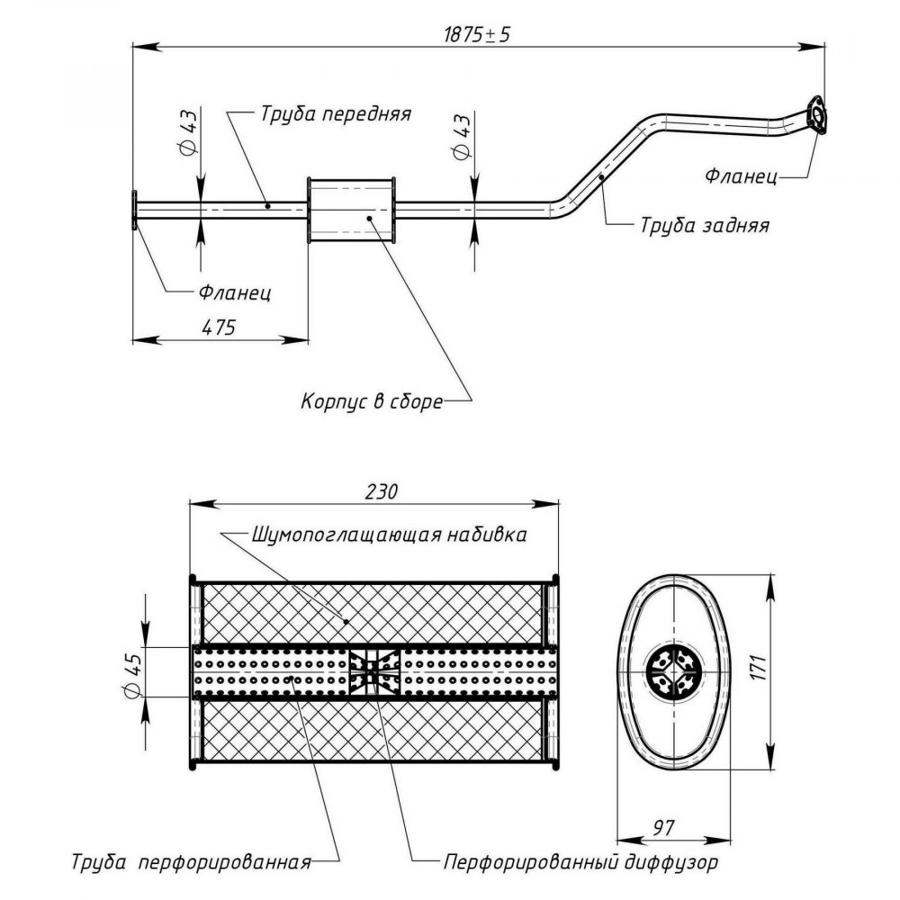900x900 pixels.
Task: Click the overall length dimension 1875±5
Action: coord(477,35)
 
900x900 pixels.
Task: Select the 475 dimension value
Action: coord(220,328)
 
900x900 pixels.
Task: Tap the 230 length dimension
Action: coord(381,491)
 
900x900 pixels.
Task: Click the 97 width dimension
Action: coord(663,828)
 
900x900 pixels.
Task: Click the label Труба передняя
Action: coord(336,113)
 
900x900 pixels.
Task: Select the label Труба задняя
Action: coord(705,225)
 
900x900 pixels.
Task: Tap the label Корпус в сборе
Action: coord(372,400)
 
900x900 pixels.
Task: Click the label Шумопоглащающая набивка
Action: coord(389,535)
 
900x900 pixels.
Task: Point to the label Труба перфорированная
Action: coord(191,862)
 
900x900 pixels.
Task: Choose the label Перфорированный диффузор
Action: coord(580,862)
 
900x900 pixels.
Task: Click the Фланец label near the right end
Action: coord(741,175)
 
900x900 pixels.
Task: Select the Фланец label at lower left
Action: coord(235,292)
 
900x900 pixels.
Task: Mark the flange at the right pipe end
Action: coord(817,115)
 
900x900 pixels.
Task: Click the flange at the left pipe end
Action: coord(134,210)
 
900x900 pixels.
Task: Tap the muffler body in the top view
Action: coord(351,210)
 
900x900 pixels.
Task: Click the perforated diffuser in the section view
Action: coord(374,672)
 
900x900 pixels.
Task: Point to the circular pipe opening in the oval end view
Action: coord(673,671)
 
